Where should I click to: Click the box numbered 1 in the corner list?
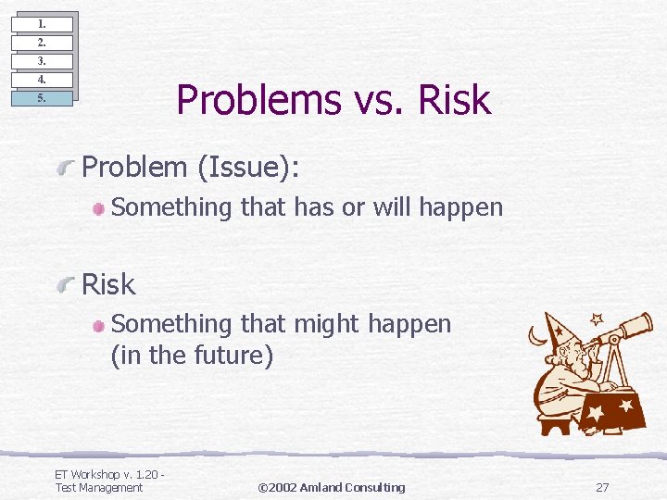point(42,24)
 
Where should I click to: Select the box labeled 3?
point(42,61)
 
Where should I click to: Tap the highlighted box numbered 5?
point(42,98)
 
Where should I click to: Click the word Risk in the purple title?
point(453,100)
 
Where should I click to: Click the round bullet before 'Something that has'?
point(99,208)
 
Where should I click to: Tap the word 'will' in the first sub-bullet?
point(393,207)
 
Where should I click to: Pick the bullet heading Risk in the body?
point(108,284)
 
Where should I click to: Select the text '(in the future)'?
point(192,356)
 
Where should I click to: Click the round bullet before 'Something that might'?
point(99,325)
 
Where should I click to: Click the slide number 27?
point(602,487)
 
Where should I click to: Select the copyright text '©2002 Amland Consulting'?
point(331,487)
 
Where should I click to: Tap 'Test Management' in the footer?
point(99,487)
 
